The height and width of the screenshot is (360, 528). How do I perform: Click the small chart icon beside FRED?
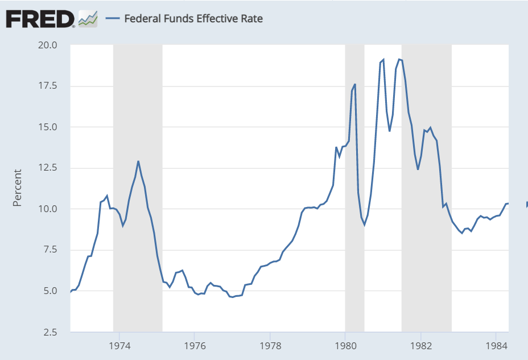point(88,19)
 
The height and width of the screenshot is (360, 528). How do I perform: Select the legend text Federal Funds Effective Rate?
point(193,18)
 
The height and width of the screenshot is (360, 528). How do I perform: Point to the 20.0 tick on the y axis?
point(48,45)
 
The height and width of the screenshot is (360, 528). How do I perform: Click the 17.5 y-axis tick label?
point(48,86)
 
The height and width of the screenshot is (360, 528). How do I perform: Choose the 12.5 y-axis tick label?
point(48,168)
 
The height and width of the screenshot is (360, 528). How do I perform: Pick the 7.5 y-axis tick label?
point(50,250)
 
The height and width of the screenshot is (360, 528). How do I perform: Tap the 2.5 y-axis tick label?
point(50,332)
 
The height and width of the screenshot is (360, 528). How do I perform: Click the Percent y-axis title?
point(18,187)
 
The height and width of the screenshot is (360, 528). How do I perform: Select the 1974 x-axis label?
point(119,346)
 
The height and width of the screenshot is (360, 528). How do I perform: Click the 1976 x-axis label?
point(194,346)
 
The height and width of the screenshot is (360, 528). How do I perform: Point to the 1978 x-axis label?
point(270,346)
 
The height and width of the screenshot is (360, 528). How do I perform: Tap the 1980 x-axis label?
point(345,346)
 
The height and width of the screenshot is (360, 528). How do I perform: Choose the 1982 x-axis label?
point(420,346)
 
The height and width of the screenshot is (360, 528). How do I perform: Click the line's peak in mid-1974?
point(138,162)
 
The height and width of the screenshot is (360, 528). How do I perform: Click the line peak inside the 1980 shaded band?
point(355,85)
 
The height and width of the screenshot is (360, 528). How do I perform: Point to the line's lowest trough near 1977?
point(232,297)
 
